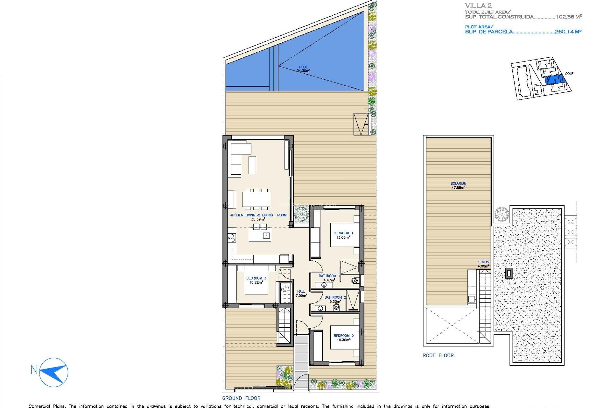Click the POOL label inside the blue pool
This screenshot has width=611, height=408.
coord(303,67)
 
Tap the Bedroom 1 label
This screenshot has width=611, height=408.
coord(343,233)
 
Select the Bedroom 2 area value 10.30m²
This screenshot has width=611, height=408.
coord(343,340)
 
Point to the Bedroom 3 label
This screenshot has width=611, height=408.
coord(256,278)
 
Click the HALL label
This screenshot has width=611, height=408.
coord(301,291)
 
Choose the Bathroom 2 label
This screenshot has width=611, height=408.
coord(335,297)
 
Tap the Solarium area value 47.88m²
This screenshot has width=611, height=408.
coord(458,188)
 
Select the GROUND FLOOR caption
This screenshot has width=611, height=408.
coord(241,398)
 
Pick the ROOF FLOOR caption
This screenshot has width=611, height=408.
coord(438,355)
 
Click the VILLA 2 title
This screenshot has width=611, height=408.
coord(478,6)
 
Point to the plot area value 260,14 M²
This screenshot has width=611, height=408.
coord(568,32)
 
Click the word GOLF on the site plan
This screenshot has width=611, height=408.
coord(569,74)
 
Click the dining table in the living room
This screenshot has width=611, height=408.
coord(256,199)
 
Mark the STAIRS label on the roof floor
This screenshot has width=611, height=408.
coord(483,262)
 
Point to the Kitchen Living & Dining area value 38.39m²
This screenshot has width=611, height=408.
coord(258,219)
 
